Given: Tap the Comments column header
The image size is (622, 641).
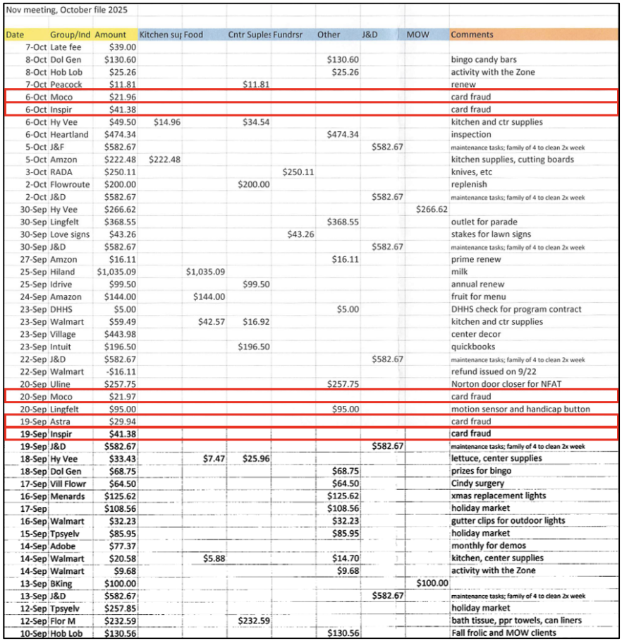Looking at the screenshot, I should click(472, 35).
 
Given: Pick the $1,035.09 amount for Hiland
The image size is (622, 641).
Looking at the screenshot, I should click(117, 272).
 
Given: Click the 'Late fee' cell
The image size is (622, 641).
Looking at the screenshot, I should click(66, 47).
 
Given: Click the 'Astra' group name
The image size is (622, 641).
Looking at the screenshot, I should click(61, 421).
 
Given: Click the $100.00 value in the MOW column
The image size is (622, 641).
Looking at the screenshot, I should click(433, 583).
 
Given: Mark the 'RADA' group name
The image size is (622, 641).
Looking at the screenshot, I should click(62, 172).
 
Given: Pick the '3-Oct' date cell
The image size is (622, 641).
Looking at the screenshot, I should click(35, 172).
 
